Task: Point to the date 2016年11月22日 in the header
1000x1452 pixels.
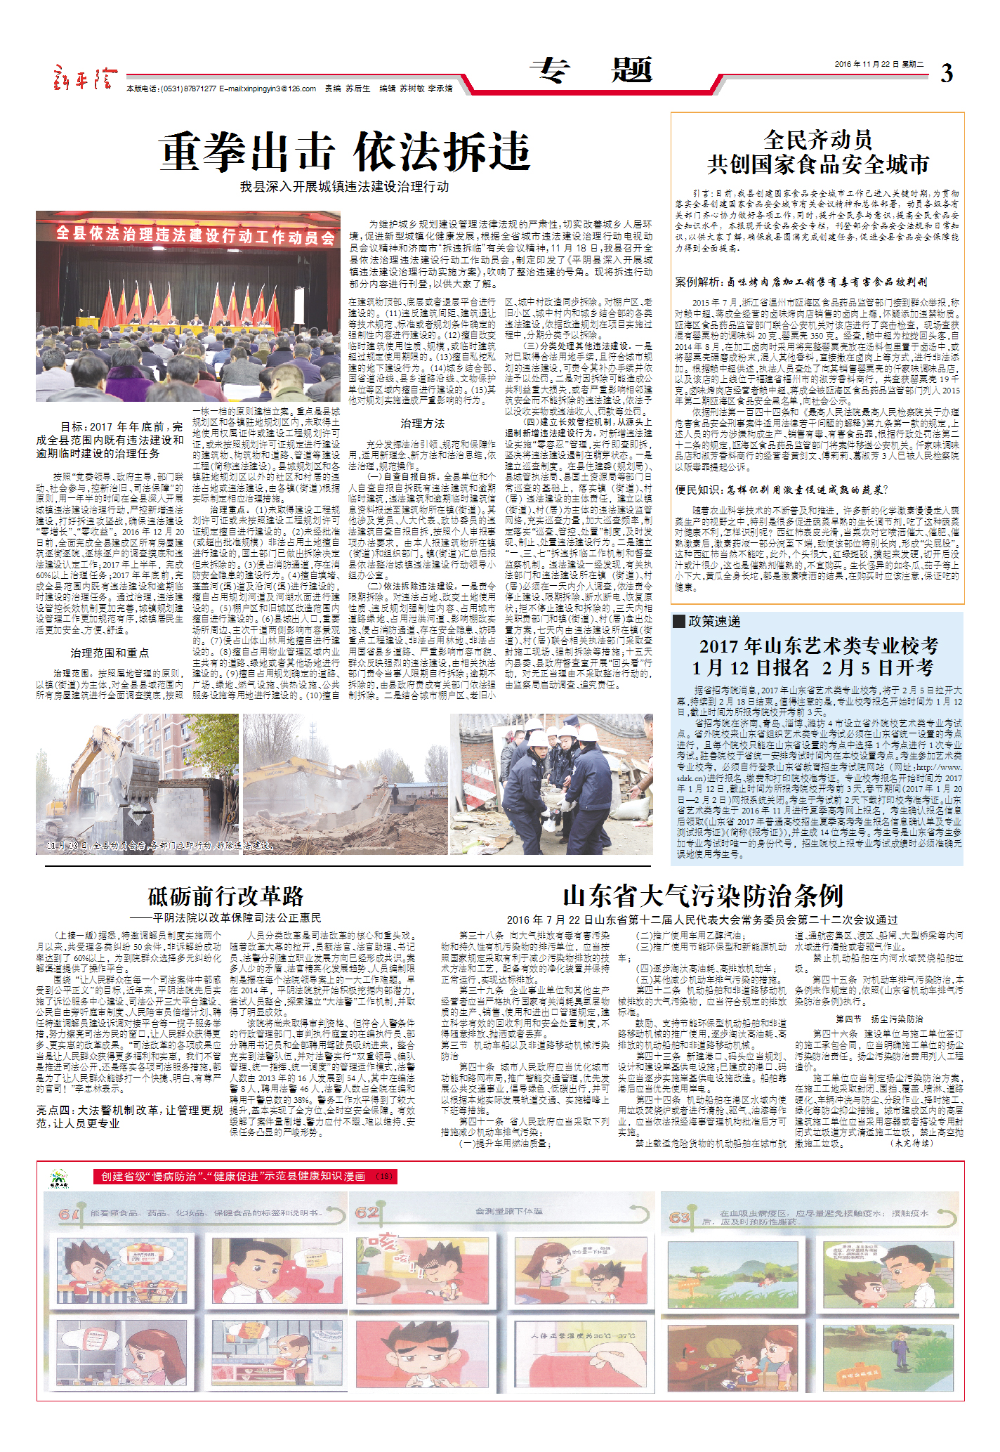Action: click(867, 64)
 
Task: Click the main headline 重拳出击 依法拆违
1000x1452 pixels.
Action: click(344, 151)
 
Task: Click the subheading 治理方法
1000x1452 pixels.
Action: click(422, 424)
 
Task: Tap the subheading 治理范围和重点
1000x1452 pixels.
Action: click(110, 653)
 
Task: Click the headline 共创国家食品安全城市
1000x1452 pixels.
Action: click(817, 164)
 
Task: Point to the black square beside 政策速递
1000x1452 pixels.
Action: click(679, 621)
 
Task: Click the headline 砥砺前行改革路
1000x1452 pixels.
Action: click(225, 896)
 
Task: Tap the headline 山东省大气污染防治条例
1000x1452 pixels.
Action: click(702, 896)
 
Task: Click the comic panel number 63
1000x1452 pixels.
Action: click(679, 1217)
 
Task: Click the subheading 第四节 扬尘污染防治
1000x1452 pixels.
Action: click(879, 1019)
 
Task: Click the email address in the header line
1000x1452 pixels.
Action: click(267, 89)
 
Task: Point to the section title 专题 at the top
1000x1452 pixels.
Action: click(591, 70)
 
